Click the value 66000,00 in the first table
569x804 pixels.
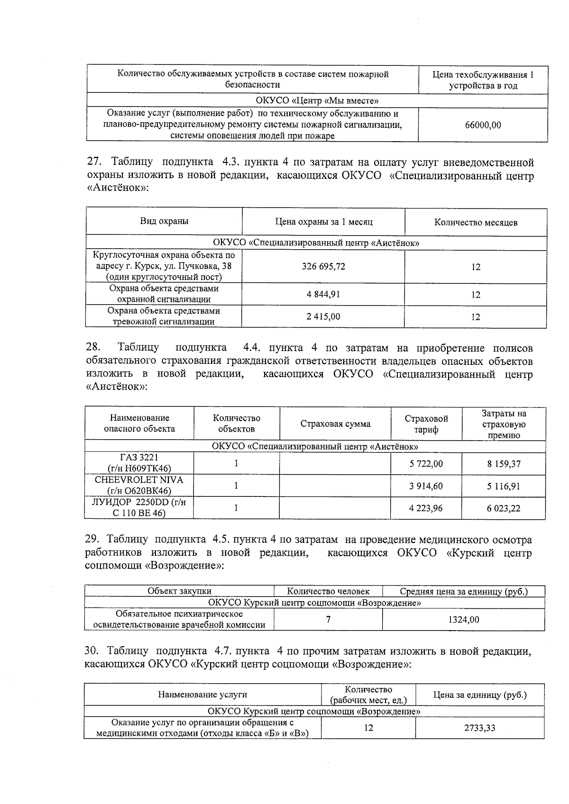[483, 125]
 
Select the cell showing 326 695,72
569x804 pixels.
[323, 266]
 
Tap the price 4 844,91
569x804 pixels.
[323, 294]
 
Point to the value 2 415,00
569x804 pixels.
[323, 316]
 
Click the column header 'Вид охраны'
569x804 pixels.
[164, 221]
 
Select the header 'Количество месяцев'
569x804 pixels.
[476, 222]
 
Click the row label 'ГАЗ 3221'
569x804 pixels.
[139, 458]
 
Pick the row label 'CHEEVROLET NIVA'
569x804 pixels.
[139, 480]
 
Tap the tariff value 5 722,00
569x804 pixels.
[426, 464]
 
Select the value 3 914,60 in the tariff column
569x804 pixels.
[426, 486]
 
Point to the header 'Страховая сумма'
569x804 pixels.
[335, 424]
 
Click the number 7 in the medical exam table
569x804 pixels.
[328, 619]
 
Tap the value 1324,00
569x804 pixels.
[463, 620]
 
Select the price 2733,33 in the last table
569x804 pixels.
[479, 728]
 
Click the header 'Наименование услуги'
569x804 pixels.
[202, 695]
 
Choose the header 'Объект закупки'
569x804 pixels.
[179, 591]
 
